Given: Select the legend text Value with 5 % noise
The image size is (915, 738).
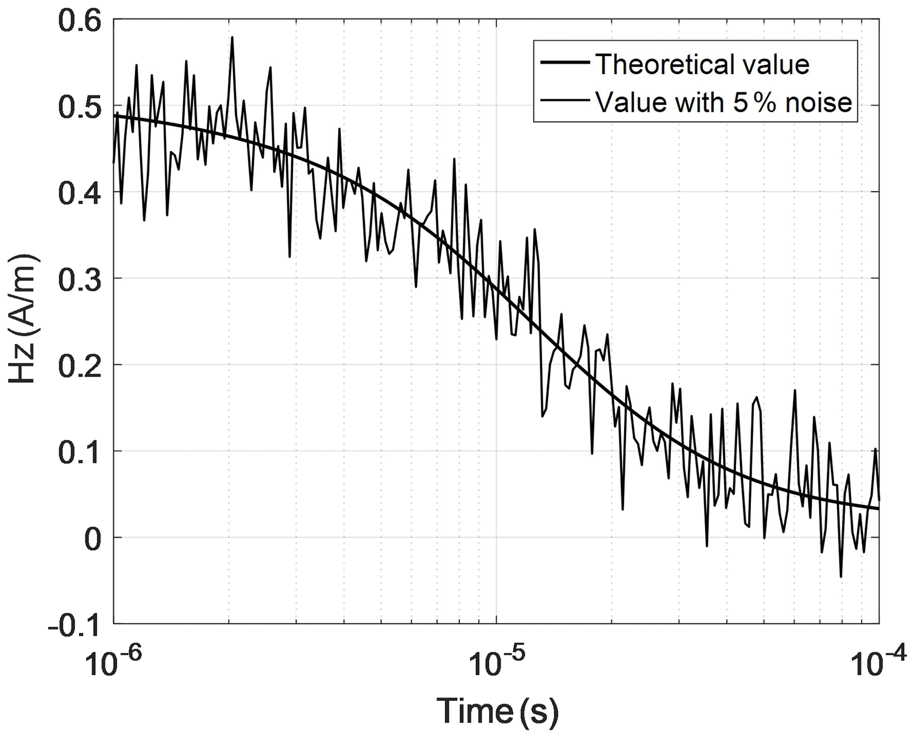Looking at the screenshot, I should [723, 102].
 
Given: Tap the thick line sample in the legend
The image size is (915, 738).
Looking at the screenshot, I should [565, 63].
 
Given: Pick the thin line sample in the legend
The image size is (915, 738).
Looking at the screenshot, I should [565, 100].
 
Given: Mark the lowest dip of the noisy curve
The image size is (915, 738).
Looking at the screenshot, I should [841, 577].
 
